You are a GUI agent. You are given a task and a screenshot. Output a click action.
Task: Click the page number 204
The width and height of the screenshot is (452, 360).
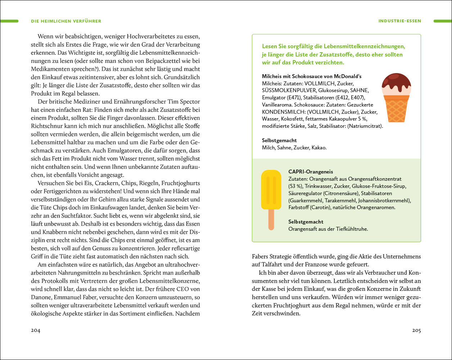tap(35, 330)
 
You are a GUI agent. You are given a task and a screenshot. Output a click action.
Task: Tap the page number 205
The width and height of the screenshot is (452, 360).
tap(416, 330)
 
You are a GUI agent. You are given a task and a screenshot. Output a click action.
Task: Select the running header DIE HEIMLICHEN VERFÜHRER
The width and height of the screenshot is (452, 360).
tap(66, 21)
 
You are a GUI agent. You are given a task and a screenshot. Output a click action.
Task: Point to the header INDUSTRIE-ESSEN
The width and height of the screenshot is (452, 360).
tap(399, 21)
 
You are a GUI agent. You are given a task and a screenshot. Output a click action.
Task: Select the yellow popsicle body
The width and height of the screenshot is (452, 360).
tap(271, 190)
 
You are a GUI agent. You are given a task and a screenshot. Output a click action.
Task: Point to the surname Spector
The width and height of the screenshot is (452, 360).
tap(189, 102)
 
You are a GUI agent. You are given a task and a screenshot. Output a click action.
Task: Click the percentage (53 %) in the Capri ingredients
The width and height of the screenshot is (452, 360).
tap(297, 186)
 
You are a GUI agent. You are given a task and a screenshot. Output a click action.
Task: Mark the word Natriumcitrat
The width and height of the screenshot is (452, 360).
tap(365, 126)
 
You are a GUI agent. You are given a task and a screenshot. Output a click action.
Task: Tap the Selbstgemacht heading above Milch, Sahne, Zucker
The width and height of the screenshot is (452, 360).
tap(279, 140)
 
